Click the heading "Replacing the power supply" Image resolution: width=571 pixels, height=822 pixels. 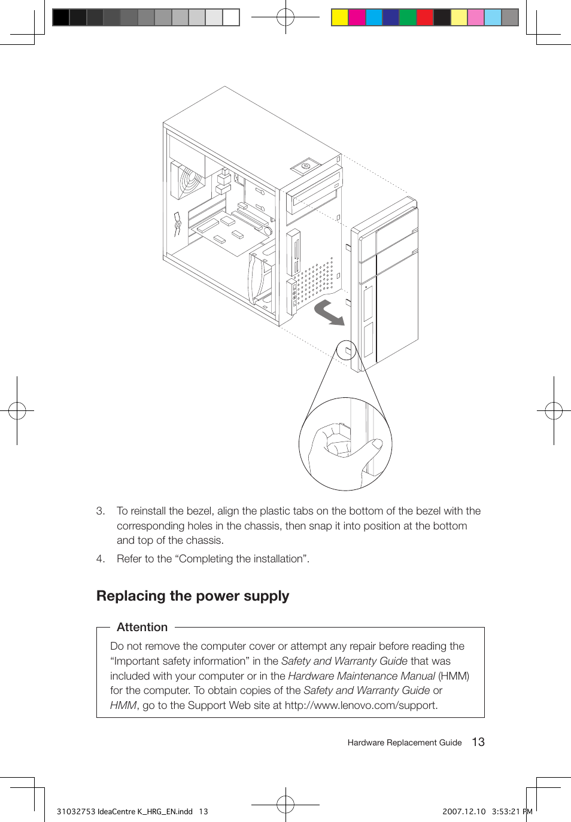193,596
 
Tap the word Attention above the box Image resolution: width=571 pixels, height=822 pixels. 142,627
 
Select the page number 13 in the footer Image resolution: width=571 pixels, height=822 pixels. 478,742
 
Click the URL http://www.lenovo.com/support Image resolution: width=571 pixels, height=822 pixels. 361,705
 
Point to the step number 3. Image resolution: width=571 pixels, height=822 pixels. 100,511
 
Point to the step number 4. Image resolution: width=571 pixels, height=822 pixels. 100,559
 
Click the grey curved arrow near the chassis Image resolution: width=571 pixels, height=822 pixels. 330,312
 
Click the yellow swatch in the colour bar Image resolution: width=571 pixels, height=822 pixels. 340,17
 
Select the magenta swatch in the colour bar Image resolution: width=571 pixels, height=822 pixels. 357,17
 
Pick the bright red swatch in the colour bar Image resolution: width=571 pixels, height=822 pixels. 425,17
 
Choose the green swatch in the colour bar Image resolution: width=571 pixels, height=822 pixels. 408,17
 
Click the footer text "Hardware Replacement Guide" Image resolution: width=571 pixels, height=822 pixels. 405,742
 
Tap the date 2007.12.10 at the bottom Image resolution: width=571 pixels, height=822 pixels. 464,812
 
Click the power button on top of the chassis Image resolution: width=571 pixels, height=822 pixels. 306,166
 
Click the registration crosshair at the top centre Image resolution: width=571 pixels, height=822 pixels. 285,17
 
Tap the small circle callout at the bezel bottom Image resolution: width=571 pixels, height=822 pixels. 346,349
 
